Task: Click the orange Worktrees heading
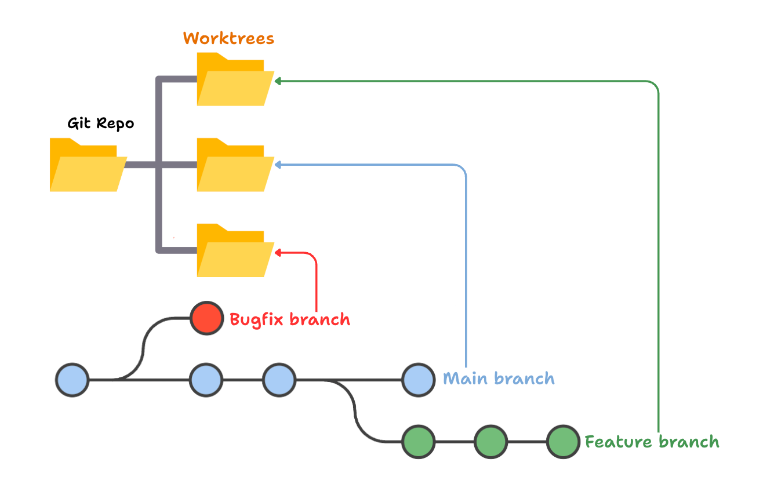[228, 39]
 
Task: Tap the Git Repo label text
[101, 123]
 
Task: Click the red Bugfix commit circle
[206, 318]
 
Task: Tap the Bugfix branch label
[290, 319]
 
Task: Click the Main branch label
[499, 379]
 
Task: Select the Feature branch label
[652, 442]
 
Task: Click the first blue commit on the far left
[72, 380]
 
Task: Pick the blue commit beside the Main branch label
[419, 380]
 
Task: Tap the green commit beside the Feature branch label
[563, 442]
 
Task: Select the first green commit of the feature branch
[419, 442]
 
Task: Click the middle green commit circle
[490, 442]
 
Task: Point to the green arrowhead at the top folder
[278, 81]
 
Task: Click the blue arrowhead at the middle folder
[278, 165]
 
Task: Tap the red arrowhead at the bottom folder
[278, 252]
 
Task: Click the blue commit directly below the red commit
[206, 380]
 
